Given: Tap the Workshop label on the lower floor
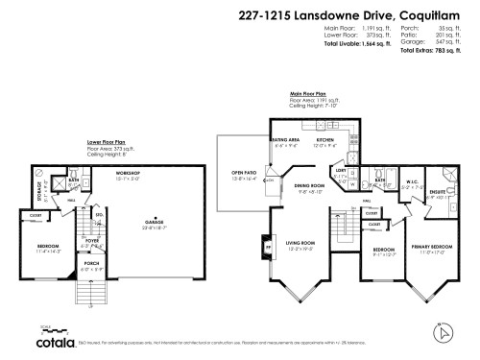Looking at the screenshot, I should (129, 174).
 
